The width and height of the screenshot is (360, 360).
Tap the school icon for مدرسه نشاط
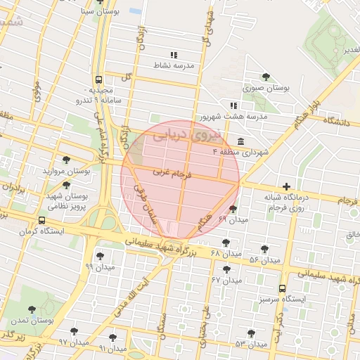(x=174, y=54)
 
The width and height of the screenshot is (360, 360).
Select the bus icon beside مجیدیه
(x=98, y=80)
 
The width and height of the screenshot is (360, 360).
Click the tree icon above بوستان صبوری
(x=266, y=77)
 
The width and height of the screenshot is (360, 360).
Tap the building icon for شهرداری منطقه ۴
(x=241, y=140)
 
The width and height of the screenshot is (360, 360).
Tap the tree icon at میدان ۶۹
(x=233, y=209)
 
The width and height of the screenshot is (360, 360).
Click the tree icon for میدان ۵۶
(x=264, y=249)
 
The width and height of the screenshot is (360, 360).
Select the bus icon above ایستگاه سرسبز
(x=283, y=288)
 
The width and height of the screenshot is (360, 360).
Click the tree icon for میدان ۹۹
(x=100, y=256)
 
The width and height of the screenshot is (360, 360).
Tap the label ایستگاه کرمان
(x=42, y=231)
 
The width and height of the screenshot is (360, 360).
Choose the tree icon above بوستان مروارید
(x=66, y=160)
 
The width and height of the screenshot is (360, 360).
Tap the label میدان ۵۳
(x=251, y=344)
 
